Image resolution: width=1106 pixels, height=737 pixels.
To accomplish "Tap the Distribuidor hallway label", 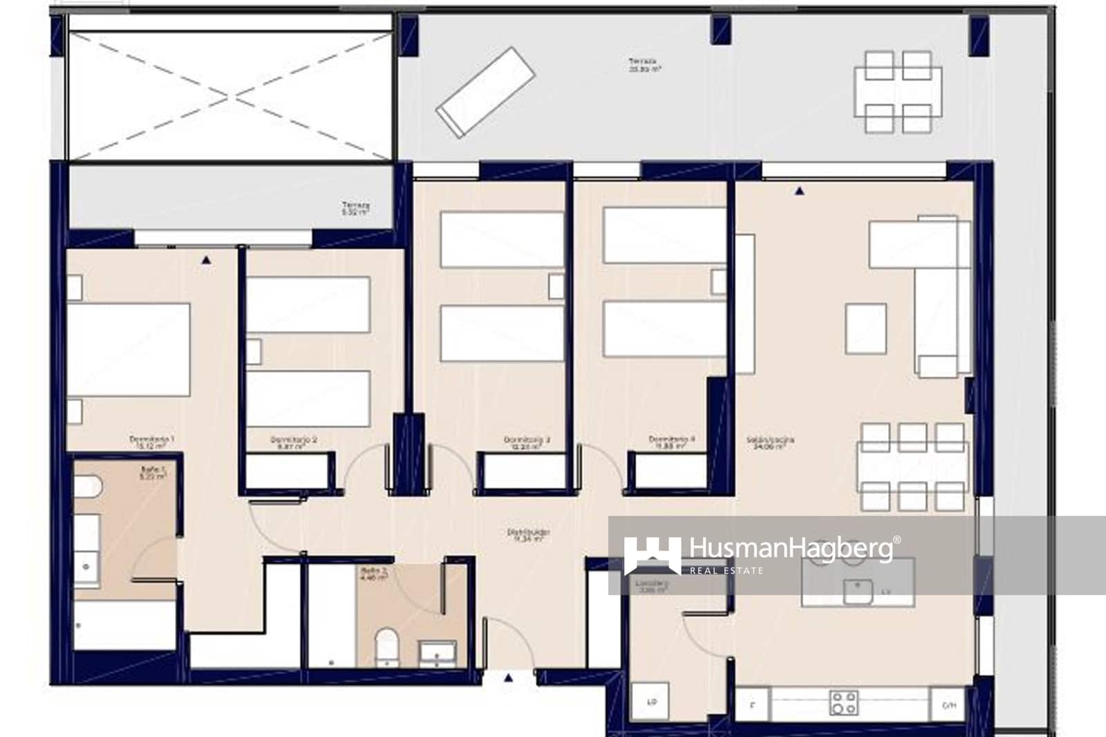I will coord(528,535).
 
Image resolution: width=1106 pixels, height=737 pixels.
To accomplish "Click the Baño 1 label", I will coord(153,472).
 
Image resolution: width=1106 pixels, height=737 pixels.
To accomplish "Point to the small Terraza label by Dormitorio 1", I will coord(355,208).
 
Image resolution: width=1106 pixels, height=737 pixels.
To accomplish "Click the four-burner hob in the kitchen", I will coord(843,702).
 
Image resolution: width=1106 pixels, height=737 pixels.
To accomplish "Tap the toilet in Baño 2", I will coord(386,646).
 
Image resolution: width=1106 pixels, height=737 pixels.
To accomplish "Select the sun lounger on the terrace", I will coord(485,92).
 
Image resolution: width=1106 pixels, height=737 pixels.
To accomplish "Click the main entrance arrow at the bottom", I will coord(509,678).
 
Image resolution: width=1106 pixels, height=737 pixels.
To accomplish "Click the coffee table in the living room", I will coord(865,329).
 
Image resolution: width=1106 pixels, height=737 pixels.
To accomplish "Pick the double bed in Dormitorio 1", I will coord(129,349).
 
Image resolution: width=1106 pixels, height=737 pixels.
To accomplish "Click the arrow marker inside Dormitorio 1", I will coord(206,261).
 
